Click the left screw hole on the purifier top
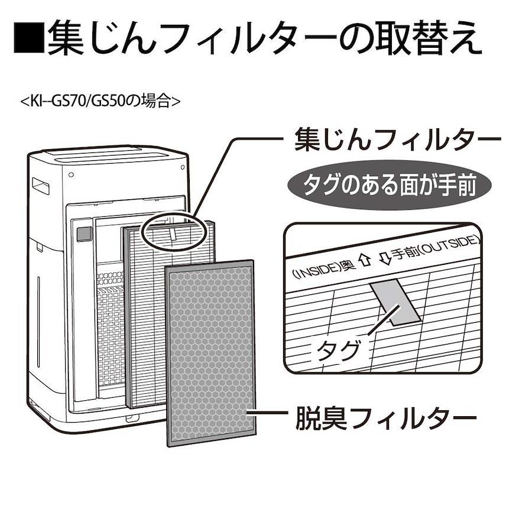(x=71, y=176)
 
